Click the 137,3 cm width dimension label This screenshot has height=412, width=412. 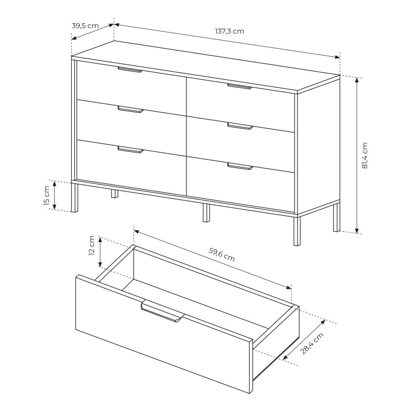230,31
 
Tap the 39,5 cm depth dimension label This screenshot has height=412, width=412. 85,26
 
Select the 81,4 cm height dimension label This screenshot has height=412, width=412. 365,156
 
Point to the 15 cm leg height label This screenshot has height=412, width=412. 46,195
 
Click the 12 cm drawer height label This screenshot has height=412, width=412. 92,246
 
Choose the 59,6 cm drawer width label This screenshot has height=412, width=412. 222,254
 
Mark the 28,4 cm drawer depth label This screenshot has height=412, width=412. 312,343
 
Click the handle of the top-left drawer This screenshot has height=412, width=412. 130,70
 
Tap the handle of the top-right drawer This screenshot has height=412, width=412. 239,87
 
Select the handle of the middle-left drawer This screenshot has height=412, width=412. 131,109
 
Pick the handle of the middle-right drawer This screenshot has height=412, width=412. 240,126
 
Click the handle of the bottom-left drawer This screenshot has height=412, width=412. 131,149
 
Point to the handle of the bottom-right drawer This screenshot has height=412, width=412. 240,166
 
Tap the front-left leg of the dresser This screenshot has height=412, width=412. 75,198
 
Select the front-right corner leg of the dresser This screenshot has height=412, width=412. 297,231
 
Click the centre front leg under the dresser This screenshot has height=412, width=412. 207,213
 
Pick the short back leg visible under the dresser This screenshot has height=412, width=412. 114,194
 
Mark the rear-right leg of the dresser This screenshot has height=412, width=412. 337,217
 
